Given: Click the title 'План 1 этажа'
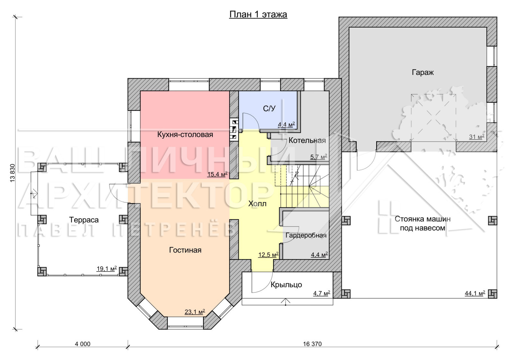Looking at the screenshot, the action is pos(258,14).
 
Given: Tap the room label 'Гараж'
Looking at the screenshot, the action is pos(423,73).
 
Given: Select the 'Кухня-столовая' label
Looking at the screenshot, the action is pos(185,135).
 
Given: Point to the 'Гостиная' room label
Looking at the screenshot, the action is pos(185,250).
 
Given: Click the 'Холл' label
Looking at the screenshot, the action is pos(257,204).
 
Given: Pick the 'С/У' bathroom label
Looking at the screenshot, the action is pos(269,109).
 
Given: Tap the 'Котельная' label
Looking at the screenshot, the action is pos(307,140).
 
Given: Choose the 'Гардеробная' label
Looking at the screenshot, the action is pos(306,235).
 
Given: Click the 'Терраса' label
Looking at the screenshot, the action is pos(84,220).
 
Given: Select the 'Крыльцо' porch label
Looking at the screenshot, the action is pos(286,285).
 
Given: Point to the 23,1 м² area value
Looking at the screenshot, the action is pos(195,312).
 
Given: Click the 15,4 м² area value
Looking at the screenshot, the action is pos(217,174).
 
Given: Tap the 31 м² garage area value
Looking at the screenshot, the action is pos(477,137).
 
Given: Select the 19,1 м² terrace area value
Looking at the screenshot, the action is pos(107,268).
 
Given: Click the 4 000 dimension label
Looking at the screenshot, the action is pos(83,344).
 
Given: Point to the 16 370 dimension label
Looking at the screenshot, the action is pos(312,344).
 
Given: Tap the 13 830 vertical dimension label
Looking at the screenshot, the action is pos(13,173).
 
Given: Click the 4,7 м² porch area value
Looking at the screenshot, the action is pos(322,293).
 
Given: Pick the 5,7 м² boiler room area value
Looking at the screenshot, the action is pos(319,157).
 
